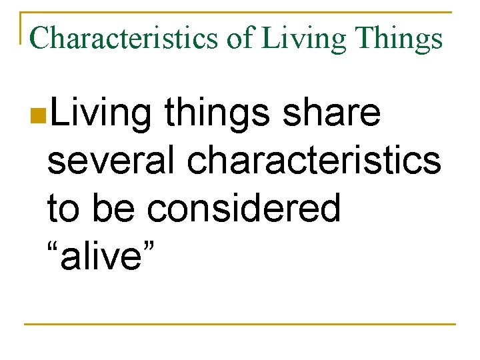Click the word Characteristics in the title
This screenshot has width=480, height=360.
click(x=123, y=39)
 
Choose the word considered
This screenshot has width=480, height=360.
click(x=244, y=208)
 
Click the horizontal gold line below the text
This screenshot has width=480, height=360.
click(x=240, y=324)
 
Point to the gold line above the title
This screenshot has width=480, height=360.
click(x=240, y=13)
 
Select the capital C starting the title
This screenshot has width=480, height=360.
click(x=39, y=39)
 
